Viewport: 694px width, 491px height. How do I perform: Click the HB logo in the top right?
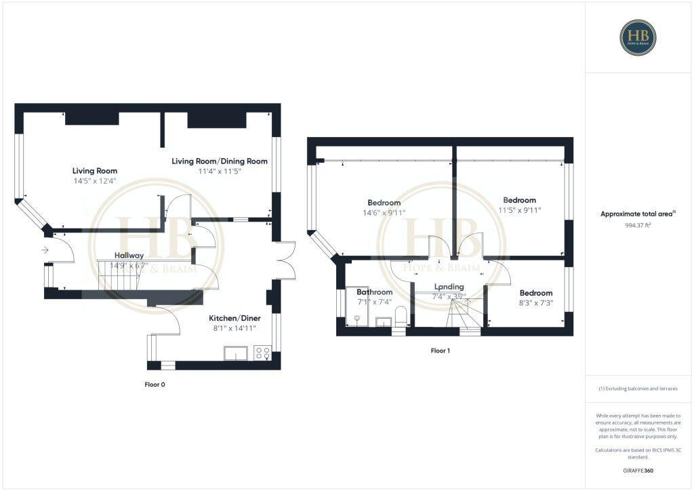coord(637,37)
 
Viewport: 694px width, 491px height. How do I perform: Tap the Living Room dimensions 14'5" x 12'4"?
coord(95,181)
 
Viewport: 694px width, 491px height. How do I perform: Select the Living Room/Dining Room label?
coord(219,161)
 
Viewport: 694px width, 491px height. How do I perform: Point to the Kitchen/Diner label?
coord(230,317)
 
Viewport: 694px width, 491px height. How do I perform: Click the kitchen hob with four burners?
coord(262,353)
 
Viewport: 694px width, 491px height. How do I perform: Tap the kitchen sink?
coord(236,353)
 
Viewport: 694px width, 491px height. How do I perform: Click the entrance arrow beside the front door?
coord(45,250)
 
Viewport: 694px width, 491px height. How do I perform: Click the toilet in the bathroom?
coord(400,316)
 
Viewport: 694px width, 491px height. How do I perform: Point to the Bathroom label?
coord(375,292)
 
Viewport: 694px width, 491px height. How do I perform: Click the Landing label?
coord(449,287)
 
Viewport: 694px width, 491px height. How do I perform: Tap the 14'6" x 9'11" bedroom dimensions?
coord(384,213)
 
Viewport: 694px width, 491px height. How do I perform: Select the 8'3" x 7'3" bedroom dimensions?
coord(532,303)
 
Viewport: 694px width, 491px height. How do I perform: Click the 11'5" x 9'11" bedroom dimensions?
coord(519,210)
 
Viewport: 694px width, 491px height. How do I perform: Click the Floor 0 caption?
coord(155,385)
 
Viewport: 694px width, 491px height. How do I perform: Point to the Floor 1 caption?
coord(441,351)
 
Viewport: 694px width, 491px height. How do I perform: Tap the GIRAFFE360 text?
coord(638,470)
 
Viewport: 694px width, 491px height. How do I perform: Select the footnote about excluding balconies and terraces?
coord(638,389)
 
